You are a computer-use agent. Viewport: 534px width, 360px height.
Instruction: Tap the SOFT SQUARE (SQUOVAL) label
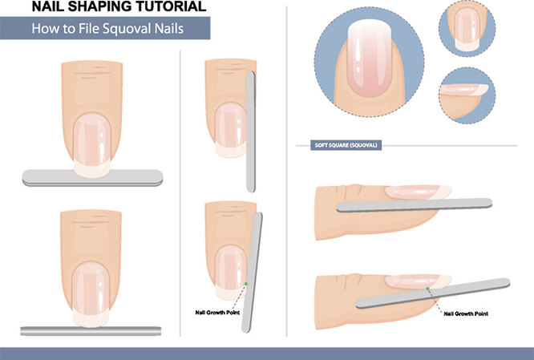click(x=346, y=145)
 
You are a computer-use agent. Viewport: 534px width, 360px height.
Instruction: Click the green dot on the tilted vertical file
click(x=246, y=284)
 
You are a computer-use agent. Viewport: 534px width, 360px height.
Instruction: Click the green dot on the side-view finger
click(x=427, y=289)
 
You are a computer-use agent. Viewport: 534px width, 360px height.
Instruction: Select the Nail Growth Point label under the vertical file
click(x=217, y=313)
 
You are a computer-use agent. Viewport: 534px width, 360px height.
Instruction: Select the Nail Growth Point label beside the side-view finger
click(x=466, y=313)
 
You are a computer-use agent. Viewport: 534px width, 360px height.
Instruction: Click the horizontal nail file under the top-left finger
click(x=92, y=178)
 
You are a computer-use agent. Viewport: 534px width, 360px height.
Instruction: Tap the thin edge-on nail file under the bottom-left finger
click(x=91, y=331)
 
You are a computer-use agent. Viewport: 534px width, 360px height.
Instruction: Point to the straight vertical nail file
click(x=251, y=131)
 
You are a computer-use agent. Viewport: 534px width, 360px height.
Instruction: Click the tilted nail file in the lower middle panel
click(x=252, y=273)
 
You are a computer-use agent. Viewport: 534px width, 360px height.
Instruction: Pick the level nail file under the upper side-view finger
click(x=414, y=205)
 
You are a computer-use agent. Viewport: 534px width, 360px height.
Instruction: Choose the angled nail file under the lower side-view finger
click(x=433, y=293)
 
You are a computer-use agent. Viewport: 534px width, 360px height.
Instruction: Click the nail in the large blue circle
click(x=369, y=58)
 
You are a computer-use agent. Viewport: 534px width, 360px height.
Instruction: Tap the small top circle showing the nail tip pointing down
click(x=467, y=29)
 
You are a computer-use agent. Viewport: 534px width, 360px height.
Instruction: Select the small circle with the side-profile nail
click(x=467, y=95)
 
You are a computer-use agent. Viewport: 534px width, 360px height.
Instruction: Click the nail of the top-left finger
click(x=92, y=145)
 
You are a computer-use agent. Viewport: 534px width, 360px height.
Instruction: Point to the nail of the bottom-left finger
click(x=91, y=294)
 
